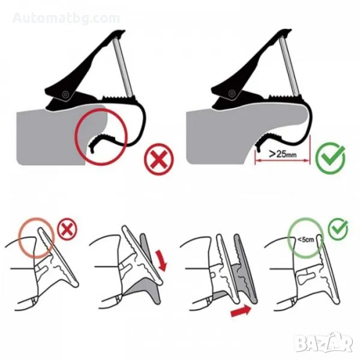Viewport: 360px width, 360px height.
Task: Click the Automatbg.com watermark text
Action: point(66,18)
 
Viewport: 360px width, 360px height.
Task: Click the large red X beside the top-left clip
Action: point(159,159)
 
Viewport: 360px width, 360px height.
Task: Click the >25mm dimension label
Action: point(283,154)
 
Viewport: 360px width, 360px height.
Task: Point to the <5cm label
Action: point(305,239)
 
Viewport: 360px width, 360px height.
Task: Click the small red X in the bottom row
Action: point(67,229)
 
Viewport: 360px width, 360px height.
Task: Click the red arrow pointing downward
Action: point(161,260)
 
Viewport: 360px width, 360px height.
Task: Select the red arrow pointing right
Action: point(241,311)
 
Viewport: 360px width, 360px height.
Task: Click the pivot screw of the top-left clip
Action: point(65,94)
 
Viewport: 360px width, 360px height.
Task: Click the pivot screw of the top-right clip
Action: point(232,93)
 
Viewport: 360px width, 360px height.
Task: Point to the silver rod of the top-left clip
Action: point(123,67)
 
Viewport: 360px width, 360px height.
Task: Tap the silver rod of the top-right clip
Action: point(290,66)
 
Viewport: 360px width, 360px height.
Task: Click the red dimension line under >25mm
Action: point(283,160)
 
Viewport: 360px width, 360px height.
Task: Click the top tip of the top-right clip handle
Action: point(290,30)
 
